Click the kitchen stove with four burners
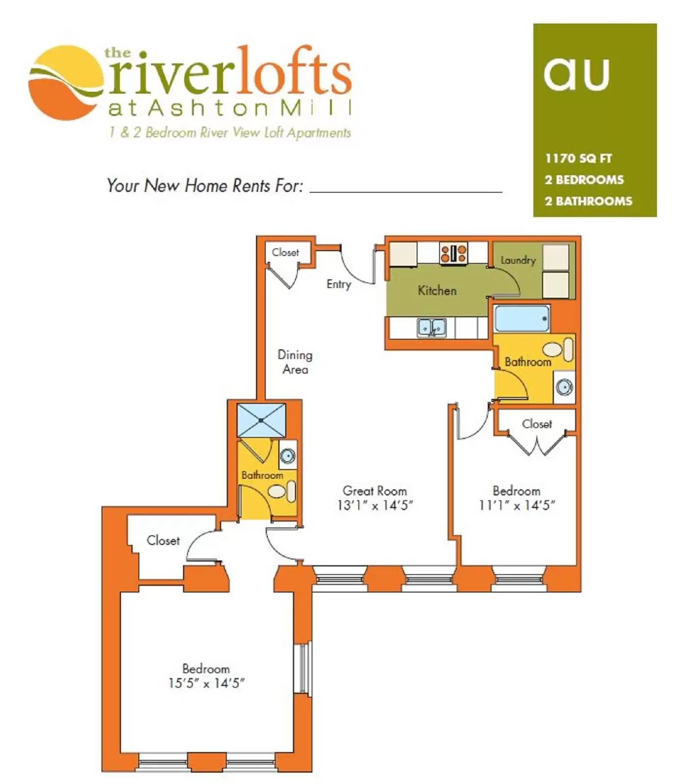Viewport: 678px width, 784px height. pos(453,253)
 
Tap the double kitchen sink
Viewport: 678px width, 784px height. pos(431,327)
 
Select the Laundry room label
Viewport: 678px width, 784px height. pos(518,260)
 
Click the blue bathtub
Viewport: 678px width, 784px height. pos(522,318)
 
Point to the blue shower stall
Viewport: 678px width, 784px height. pos(261,420)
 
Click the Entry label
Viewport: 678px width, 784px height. pos(339,284)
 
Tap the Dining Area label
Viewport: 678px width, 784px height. pos(295,362)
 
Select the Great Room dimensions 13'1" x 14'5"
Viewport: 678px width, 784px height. pos(375,505)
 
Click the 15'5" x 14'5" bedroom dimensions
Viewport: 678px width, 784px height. pos(206,683)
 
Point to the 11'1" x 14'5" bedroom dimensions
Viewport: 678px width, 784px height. pos(517,505)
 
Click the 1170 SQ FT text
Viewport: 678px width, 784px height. pos(578,158)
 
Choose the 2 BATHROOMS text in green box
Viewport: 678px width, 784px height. pos(588,201)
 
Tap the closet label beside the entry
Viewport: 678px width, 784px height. pos(285,252)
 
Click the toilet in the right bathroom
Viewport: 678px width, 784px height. pos(558,349)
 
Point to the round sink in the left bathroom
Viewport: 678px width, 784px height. pos(288,456)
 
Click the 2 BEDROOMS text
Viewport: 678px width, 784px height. pos(584,180)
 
